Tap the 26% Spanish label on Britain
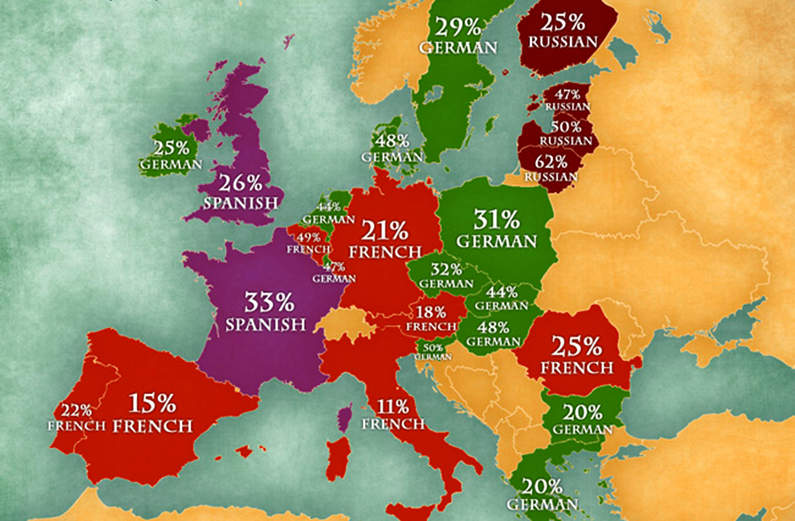click(x=241, y=191)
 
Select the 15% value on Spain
click(x=152, y=402)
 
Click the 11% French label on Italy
click(x=393, y=415)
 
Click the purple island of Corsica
click(x=343, y=418)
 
